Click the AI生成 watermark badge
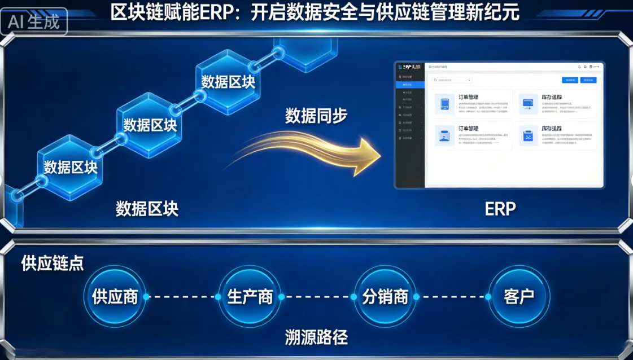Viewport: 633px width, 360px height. click(x=34, y=21)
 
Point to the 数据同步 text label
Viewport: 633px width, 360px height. click(x=316, y=116)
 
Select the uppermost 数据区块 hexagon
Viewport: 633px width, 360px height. click(x=228, y=82)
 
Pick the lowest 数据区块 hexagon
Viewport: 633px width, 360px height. click(x=71, y=168)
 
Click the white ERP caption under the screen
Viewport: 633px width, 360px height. click(x=500, y=209)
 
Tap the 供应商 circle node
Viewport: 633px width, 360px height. click(x=115, y=297)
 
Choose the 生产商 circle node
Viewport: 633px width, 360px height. click(x=250, y=297)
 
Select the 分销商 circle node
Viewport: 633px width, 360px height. click(x=385, y=297)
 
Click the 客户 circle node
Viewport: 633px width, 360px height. click(x=519, y=297)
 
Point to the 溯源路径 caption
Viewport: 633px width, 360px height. click(x=316, y=337)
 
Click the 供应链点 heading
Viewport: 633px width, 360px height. click(x=53, y=264)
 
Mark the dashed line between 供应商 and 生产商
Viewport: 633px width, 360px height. click(x=182, y=297)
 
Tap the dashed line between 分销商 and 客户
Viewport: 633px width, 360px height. click(x=452, y=297)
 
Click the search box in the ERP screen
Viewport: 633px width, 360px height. click(x=452, y=80)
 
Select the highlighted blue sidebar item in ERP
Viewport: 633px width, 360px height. click(x=410, y=85)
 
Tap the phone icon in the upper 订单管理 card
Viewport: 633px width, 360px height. click(x=445, y=104)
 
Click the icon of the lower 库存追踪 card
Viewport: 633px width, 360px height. click(x=529, y=136)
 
